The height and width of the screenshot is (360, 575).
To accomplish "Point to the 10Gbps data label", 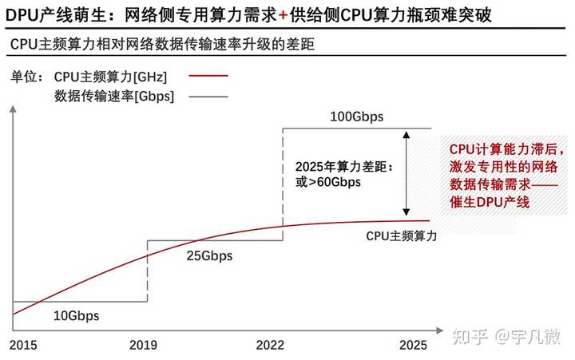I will (x=76, y=315).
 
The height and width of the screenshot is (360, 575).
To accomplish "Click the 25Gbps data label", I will (x=209, y=256).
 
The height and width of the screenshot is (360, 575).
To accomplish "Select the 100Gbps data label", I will (x=356, y=117).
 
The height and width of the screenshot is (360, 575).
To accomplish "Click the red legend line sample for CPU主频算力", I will (x=208, y=77).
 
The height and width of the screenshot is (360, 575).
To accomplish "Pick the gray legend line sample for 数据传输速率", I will (x=208, y=97).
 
